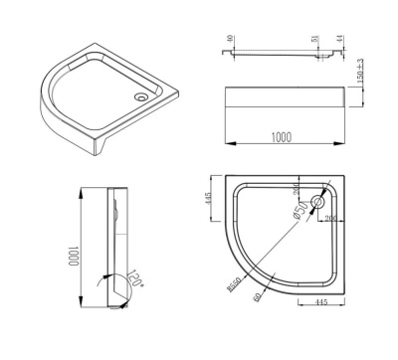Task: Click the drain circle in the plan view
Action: click(x=317, y=203)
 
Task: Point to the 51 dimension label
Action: click(x=316, y=40)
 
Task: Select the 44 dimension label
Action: click(x=340, y=40)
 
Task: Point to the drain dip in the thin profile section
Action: click(x=320, y=58)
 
